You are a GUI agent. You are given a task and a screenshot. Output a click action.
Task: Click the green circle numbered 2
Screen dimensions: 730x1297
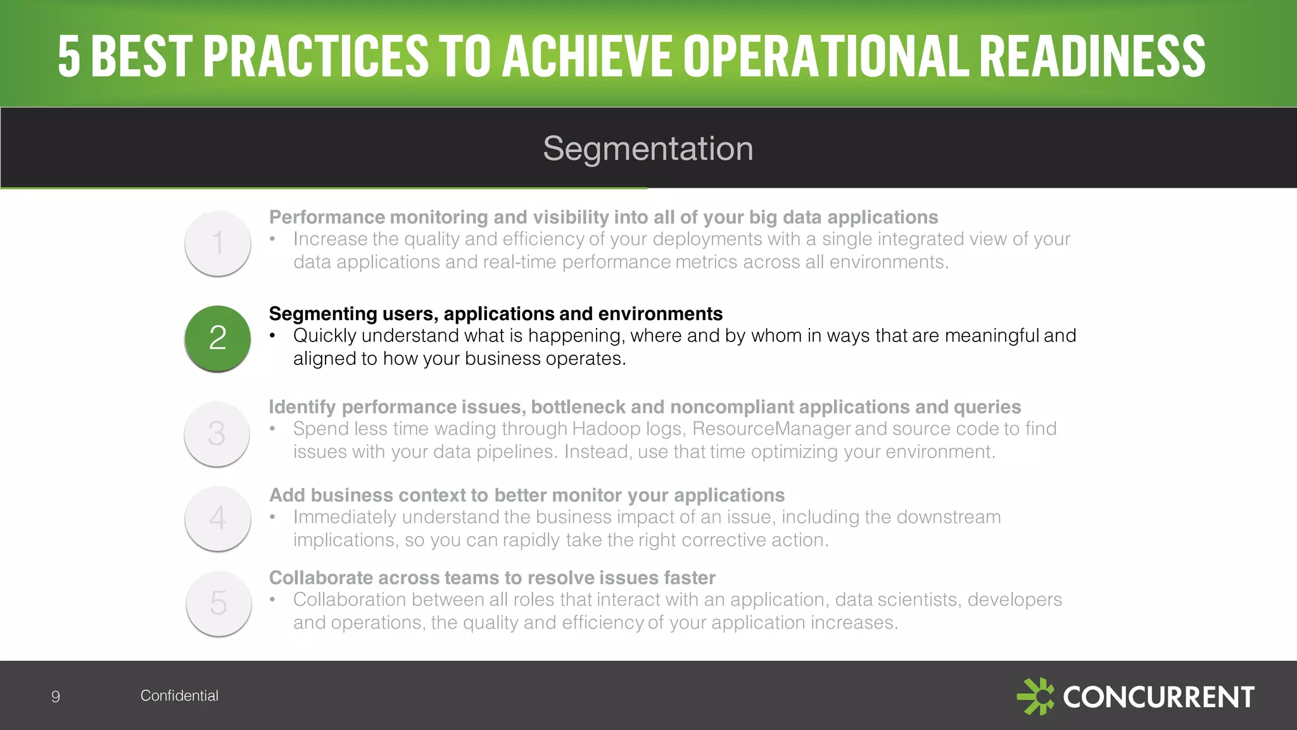pos(217,338)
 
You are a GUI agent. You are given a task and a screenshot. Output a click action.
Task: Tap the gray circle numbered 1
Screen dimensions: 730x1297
pos(217,243)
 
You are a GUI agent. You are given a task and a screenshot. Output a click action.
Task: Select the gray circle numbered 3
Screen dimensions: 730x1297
pos(217,434)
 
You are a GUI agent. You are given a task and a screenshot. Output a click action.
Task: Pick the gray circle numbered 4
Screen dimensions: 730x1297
pos(217,518)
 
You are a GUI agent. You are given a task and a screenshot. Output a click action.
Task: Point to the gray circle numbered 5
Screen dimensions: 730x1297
pos(218,603)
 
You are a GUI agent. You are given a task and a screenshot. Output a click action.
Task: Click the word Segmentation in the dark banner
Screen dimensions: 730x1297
pos(648,149)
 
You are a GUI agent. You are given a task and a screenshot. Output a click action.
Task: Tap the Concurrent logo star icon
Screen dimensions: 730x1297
pos(1035,696)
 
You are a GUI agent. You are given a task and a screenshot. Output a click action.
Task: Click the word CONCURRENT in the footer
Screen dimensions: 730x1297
pos(1158,697)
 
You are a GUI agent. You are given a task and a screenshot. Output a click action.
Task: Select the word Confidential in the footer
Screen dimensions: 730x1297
pos(179,696)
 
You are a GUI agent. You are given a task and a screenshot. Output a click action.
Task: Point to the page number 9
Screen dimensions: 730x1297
pos(56,697)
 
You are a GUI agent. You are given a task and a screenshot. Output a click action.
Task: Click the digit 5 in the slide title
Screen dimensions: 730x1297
pos(69,56)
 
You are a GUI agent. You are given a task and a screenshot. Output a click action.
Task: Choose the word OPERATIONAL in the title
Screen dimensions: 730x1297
pos(826,56)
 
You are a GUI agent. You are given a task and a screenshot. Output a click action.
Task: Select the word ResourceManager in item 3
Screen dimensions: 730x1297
pos(771,429)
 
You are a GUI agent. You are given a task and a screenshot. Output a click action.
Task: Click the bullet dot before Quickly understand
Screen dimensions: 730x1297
pos(273,336)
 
